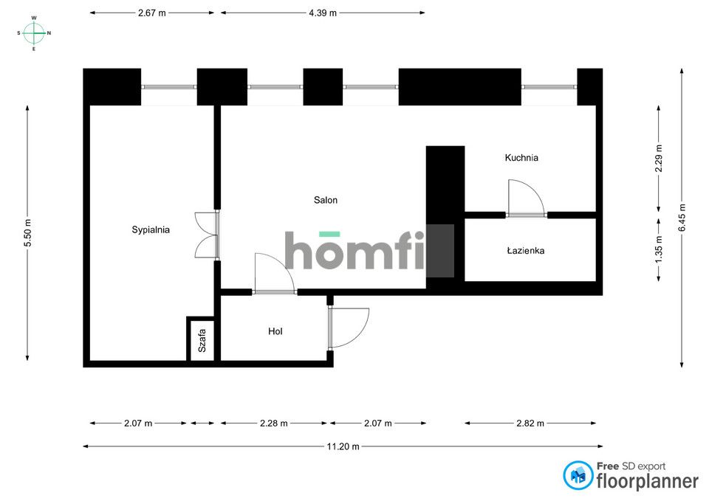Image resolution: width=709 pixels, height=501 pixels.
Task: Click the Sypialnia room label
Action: click(x=151, y=229)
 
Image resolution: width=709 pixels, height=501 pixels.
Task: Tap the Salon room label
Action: click(x=326, y=200)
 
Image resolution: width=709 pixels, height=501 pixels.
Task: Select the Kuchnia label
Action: click(x=521, y=158)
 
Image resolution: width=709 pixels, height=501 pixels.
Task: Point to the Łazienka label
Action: click(x=525, y=250)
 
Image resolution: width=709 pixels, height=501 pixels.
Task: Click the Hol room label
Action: click(x=275, y=331)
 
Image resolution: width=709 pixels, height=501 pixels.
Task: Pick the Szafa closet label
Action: click(x=202, y=341)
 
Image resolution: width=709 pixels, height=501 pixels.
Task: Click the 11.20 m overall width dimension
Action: click(x=343, y=446)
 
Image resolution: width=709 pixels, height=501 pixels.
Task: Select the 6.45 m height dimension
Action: click(x=682, y=218)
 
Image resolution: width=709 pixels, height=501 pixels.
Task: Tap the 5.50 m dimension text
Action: click(x=27, y=233)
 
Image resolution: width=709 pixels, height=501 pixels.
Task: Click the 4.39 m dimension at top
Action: click(x=323, y=13)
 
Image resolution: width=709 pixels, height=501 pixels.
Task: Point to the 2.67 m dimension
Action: click(x=152, y=13)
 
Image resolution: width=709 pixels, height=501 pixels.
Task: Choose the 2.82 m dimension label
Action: click(x=530, y=424)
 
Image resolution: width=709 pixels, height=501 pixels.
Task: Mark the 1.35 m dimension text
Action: click(x=658, y=250)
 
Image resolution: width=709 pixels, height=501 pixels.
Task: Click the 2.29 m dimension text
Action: click(x=658, y=158)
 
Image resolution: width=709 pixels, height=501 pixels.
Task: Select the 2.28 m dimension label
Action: click(x=274, y=424)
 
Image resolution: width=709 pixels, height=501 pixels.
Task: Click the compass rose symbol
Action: click(x=34, y=33)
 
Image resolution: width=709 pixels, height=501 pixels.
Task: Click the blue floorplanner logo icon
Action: click(x=578, y=475)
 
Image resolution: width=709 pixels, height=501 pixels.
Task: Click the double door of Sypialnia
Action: click(x=207, y=235)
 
